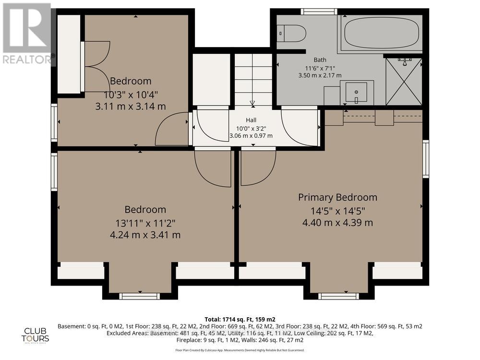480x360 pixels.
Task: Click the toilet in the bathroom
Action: [292, 33]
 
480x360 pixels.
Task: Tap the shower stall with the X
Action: [404, 81]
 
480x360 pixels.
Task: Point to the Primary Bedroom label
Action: [337, 197]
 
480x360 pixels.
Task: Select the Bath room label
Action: [320, 60]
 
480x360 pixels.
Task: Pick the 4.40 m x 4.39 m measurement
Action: [337, 223]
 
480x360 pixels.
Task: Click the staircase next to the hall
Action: [252, 79]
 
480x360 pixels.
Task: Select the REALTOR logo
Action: [27, 34]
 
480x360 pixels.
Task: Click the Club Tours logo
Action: [37, 334]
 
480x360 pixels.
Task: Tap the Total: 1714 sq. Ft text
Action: [240, 319]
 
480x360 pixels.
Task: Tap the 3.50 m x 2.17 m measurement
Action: [320, 75]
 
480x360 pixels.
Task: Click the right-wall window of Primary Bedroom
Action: [425, 159]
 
